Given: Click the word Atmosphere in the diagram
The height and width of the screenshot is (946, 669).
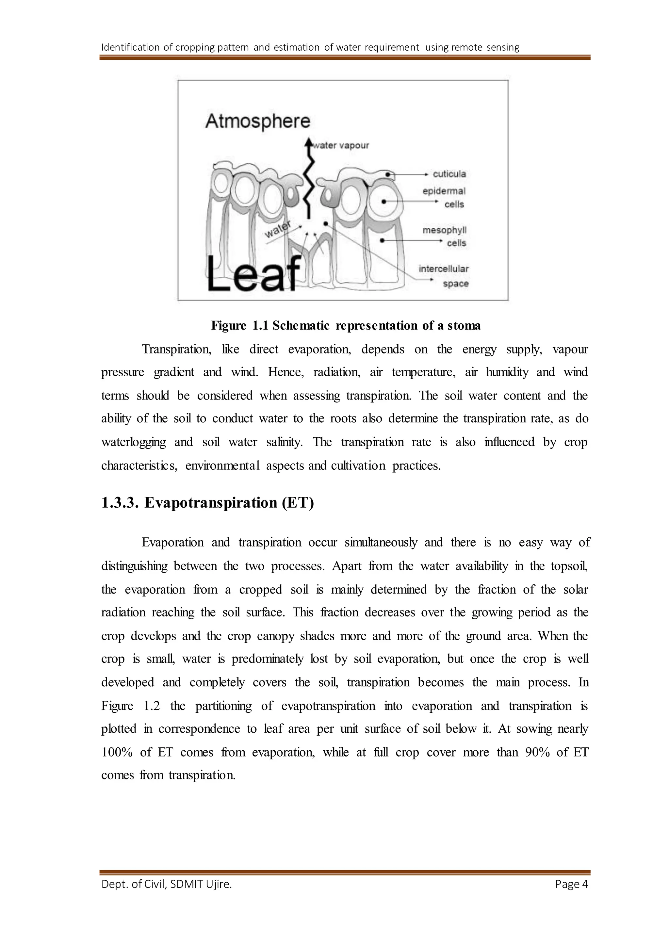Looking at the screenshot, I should point(257,122).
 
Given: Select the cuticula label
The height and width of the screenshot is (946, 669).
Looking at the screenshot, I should point(449,174).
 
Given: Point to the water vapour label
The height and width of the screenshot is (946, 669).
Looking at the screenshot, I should point(341,145).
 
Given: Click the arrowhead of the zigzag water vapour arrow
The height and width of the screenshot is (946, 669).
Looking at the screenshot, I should point(308,142).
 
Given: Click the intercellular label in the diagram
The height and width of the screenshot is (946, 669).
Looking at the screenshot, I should point(444,269).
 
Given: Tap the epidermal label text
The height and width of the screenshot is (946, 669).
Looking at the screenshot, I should point(444,191).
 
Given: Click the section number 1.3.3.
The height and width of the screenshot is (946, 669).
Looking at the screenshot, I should point(119,503).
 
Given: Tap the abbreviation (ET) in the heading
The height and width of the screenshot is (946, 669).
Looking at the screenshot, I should point(298,503).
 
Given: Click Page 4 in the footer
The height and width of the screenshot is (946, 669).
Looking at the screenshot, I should point(571,884).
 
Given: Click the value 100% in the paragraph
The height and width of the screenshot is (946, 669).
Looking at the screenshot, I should point(117,752).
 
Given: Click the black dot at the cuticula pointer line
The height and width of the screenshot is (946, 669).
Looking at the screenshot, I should point(388,175).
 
